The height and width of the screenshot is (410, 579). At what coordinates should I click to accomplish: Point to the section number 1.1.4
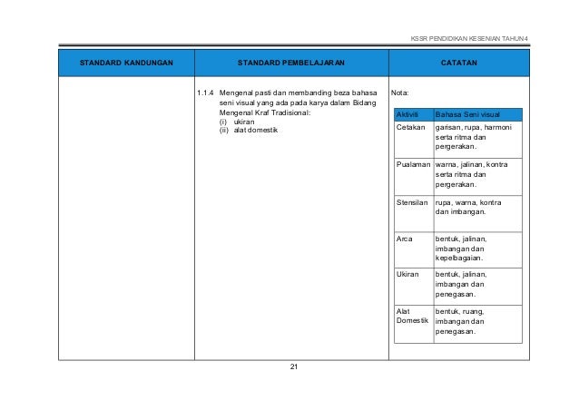207,93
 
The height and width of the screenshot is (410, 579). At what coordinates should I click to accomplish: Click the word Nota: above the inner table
399,93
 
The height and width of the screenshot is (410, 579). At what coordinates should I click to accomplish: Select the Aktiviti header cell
409,114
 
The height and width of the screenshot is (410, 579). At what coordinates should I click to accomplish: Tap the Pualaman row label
413,165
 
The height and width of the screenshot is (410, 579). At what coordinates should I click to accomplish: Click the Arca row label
405,239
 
